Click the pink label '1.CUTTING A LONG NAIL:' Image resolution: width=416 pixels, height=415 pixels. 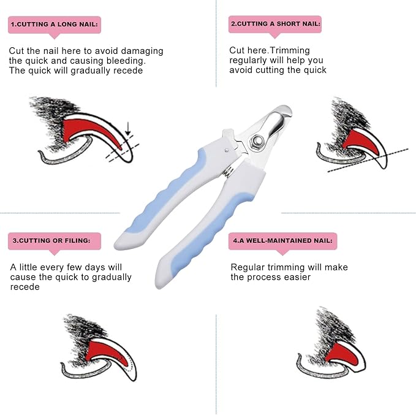[x=54, y=25]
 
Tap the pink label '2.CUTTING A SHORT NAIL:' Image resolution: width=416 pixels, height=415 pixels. [x=275, y=25]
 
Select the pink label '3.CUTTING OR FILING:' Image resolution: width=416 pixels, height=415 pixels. [x=55, y=241]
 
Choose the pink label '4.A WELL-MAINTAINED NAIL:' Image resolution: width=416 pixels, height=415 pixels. [x=282, y=241]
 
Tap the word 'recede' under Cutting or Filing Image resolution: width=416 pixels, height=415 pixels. [x=25, y=287]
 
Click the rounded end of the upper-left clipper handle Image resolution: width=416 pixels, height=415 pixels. [x=120, y=243]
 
